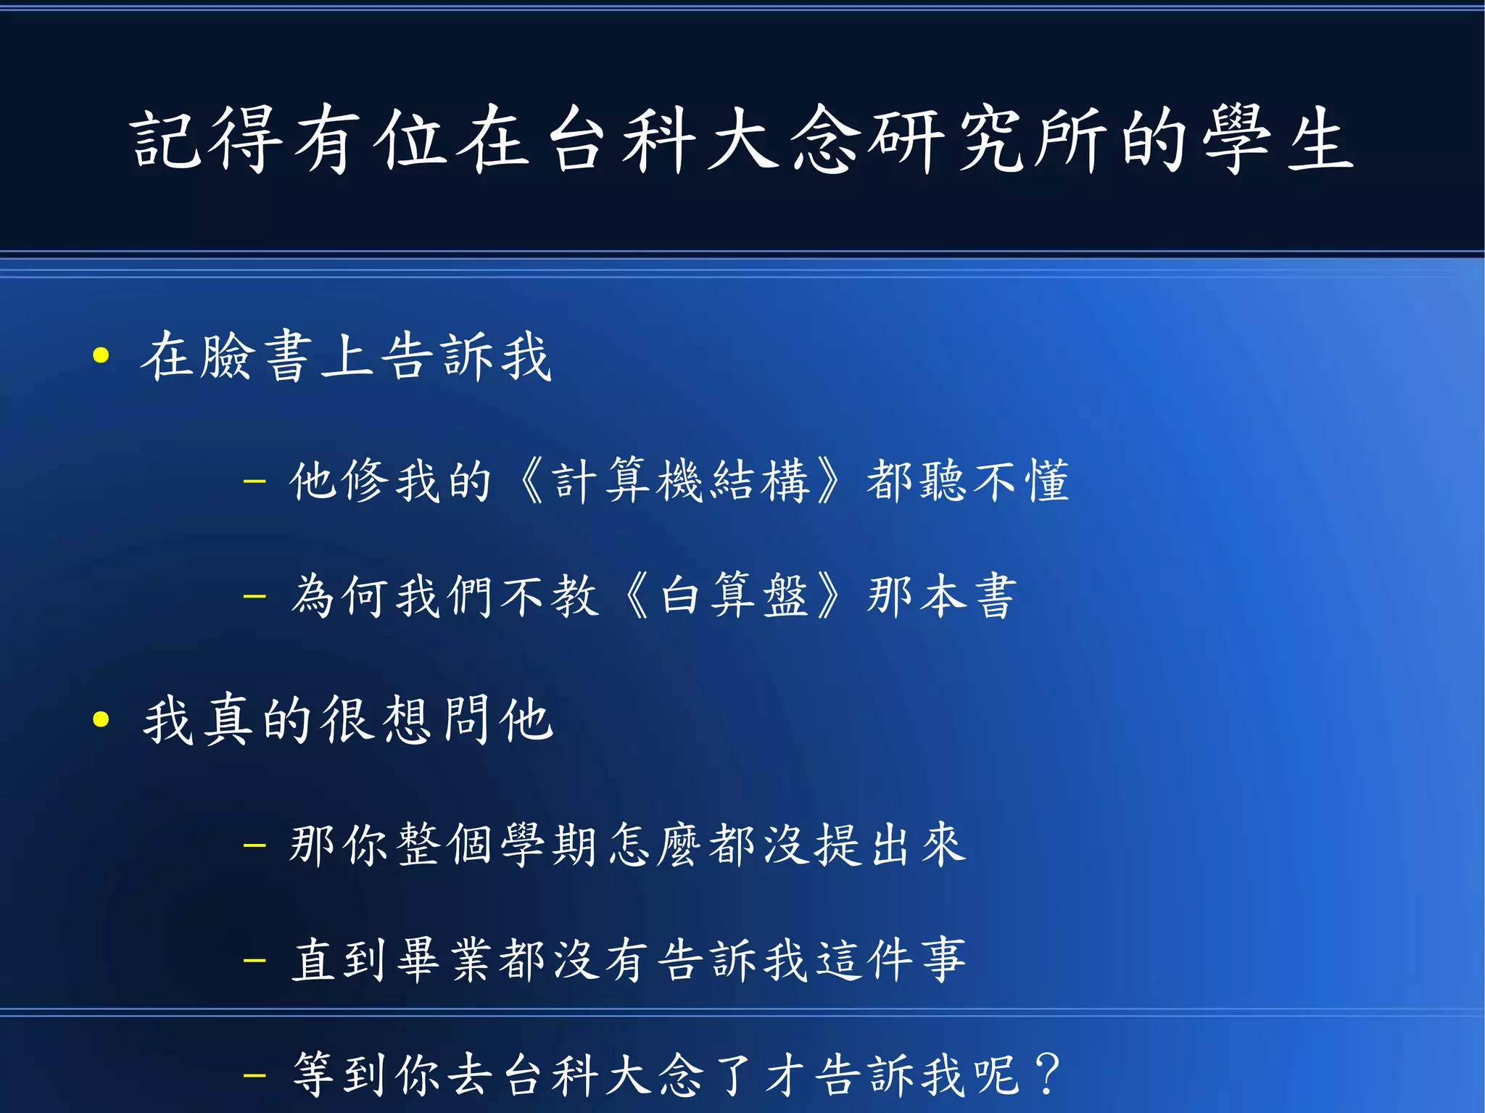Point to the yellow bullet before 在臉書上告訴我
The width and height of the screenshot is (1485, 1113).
pos(101,355)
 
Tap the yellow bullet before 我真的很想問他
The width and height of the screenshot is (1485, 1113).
pos(101,719)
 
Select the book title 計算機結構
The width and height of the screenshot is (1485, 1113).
pos(681,480)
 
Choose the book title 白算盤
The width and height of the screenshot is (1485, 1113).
pos(733,596)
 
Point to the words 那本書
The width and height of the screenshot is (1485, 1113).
pos(942,596)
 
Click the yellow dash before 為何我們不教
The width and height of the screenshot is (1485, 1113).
pos(255,597)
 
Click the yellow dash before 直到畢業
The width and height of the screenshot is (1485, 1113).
pos(255,961)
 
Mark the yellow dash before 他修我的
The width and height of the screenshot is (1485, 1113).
pos(255,481)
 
